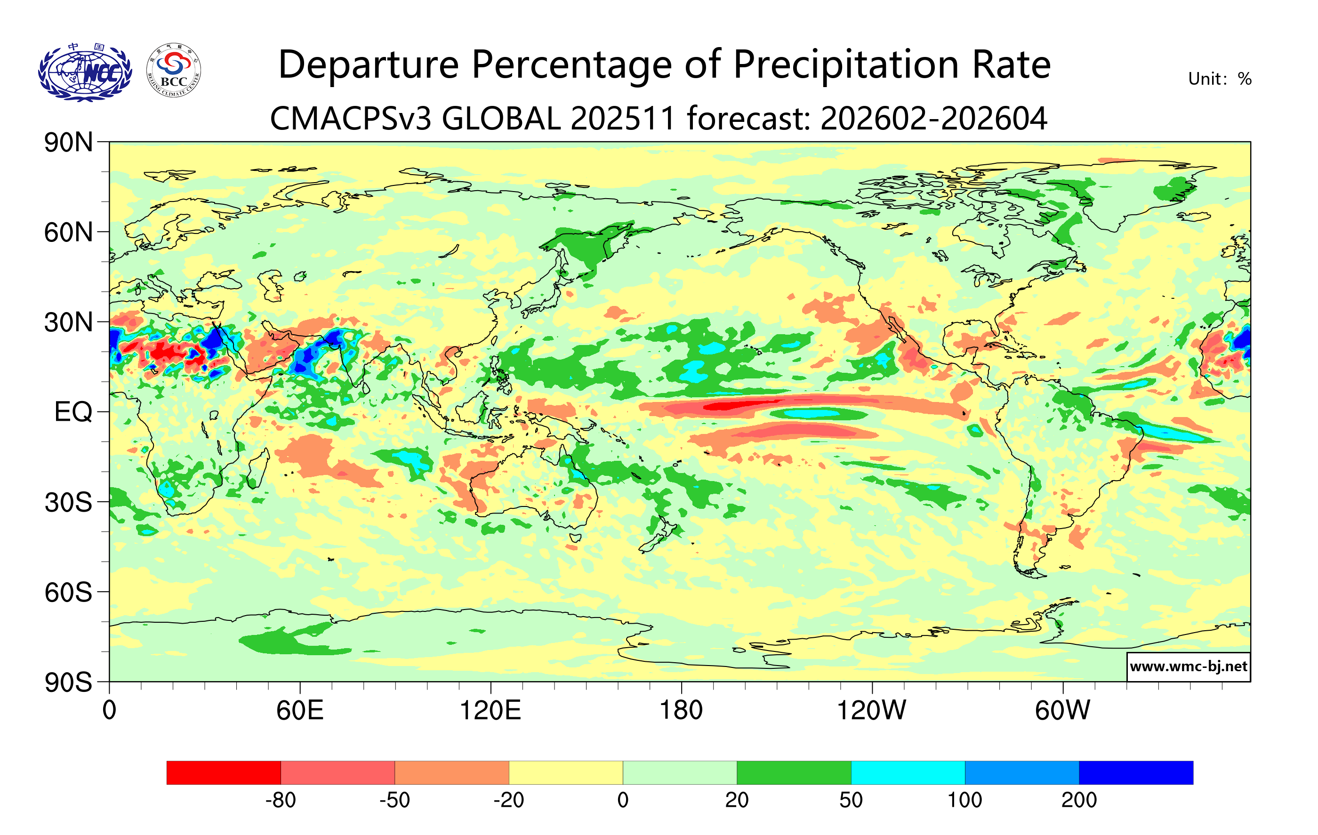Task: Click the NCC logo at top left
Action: point(85,72)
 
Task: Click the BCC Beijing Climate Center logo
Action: point(174,71)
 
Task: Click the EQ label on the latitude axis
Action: point(73,412)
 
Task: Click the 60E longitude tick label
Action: point(300,711)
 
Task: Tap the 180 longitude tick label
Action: point(681,711)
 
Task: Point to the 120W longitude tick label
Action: point(871,711)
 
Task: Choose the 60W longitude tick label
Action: point(1062,711)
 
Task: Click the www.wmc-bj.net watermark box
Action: point(1188,666)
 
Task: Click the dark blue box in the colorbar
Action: point(1136,772)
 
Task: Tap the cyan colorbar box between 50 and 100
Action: point(908,772)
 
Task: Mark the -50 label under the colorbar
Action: point(394,801)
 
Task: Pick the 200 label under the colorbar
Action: point(1079,801)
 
